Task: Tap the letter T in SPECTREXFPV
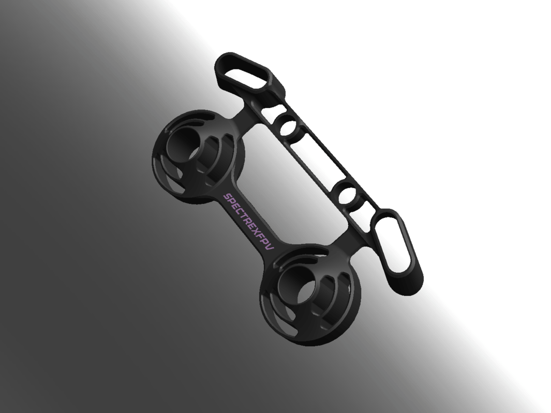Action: pos(244,217)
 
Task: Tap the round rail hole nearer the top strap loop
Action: pos(288,127)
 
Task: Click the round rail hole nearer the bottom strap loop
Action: pos(349,196)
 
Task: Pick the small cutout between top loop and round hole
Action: pos(273,111)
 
